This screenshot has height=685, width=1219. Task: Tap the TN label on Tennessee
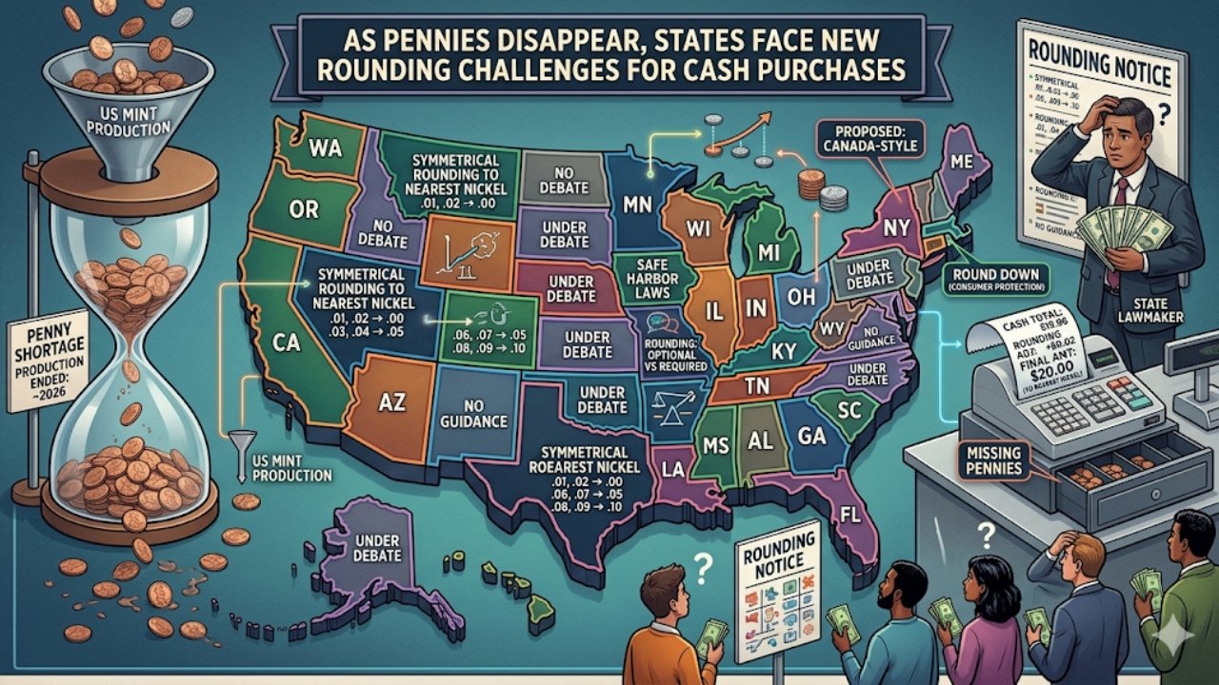[x=755, y=386]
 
